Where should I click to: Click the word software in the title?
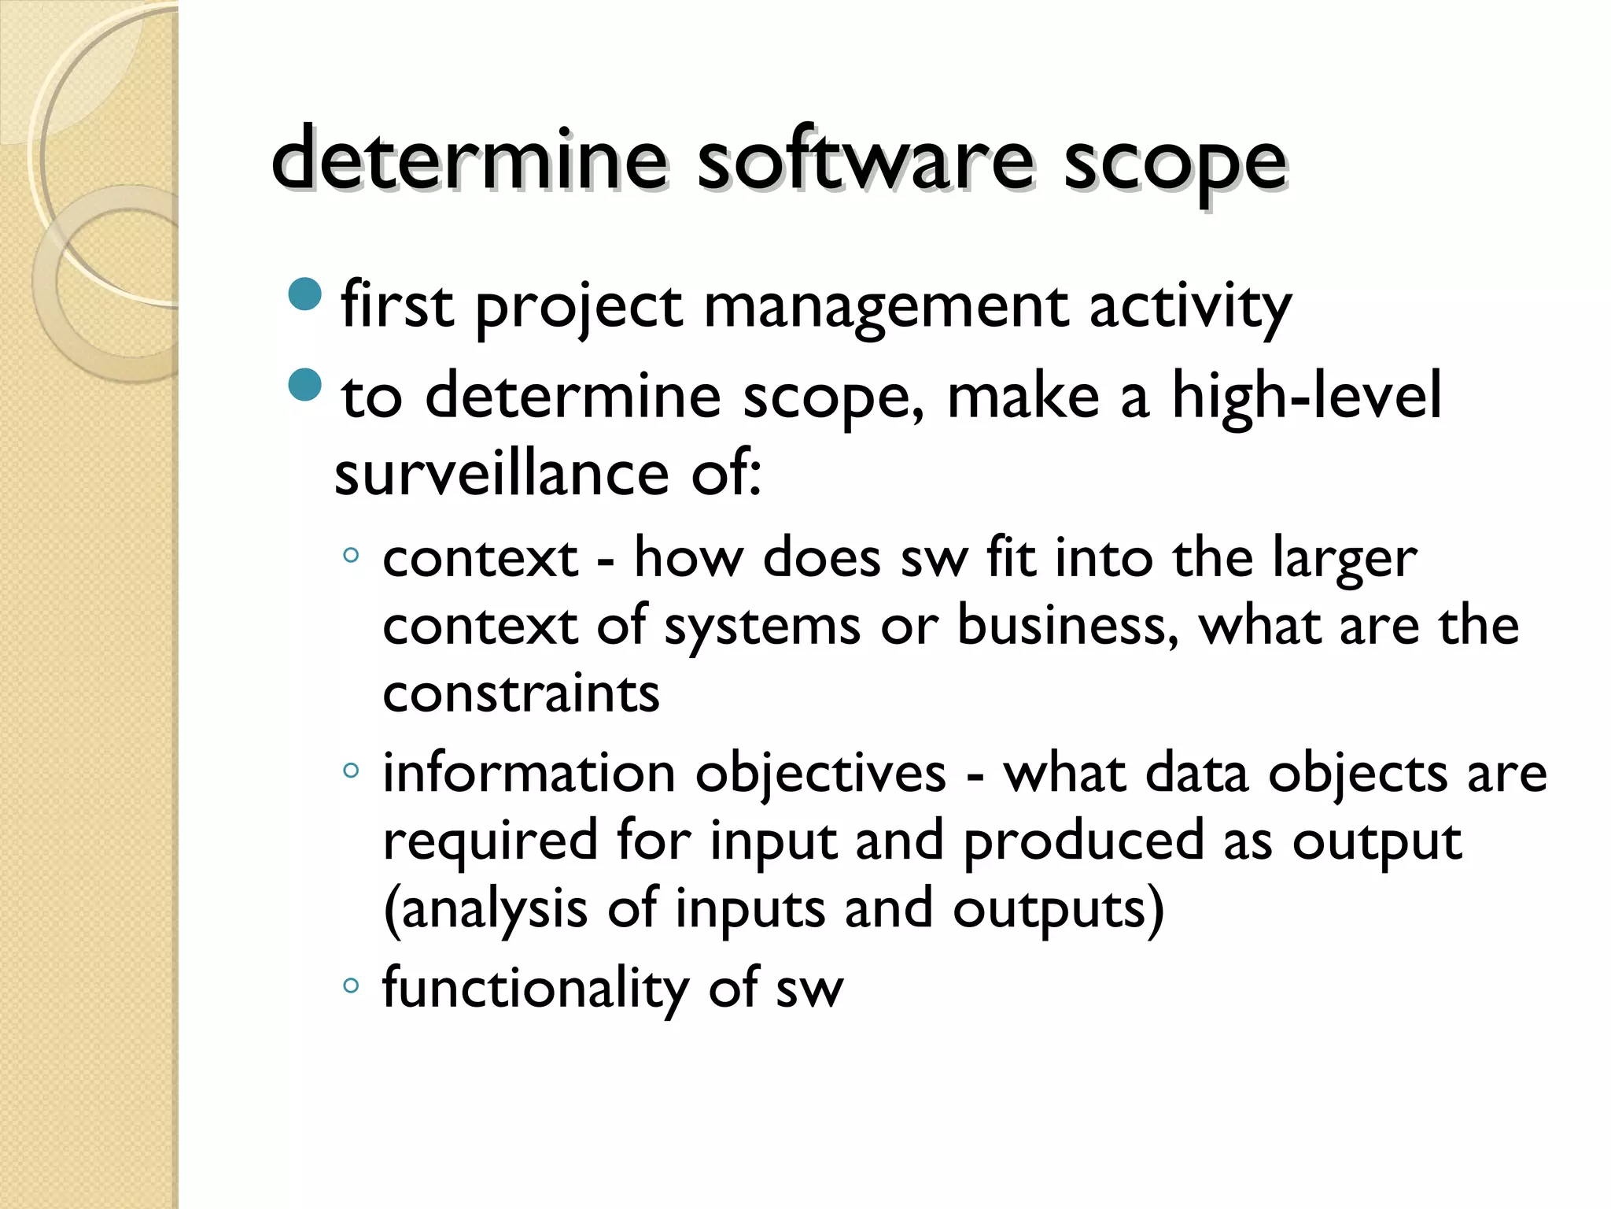(x=864, y=161)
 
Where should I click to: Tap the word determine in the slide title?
(x=469, y=161)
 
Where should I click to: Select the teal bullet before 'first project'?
(x=305, y=294)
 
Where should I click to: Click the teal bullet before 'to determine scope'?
(x=305, y=384)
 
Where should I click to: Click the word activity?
(x=1189, y=307)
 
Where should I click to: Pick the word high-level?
(x=1307, y=396)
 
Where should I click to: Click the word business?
(x=1067, y=627)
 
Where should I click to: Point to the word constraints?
(x=521, y=694)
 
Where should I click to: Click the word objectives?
(x=820, y=775)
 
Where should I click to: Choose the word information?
(x=529, y=773)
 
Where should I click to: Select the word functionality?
(x=535, y=989)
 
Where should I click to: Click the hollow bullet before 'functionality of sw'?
(x=351, y=985)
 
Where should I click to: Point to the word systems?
(x=762, y=628)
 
